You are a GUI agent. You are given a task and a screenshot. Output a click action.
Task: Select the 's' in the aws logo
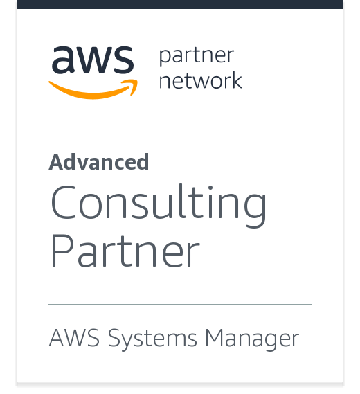pos(123,60)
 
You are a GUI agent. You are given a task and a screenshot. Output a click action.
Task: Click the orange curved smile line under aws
pos(93,93)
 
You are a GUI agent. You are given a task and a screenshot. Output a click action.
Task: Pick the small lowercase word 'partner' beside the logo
pos(197,56)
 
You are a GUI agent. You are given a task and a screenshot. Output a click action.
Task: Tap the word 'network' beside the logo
pos(201,80)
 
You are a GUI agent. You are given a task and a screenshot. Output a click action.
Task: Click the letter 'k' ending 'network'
pos(236,80)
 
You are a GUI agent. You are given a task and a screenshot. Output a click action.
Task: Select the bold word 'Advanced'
pos(99,162)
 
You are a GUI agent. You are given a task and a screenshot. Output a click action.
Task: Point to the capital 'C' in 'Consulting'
pos(63,202)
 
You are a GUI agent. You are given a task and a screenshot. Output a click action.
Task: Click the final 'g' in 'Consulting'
pos(255,210)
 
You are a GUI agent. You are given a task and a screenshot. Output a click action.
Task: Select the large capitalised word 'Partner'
pos(125,251)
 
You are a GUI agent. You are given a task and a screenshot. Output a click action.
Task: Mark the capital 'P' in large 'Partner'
pos(62,251)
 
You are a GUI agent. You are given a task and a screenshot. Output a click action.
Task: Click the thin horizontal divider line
pos(180,305)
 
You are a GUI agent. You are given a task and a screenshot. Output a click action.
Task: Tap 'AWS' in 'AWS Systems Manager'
pos(74,338)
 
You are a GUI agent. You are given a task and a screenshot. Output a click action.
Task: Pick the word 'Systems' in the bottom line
pos(152,339)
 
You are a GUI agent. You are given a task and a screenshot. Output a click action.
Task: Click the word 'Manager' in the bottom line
pos(252,339)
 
